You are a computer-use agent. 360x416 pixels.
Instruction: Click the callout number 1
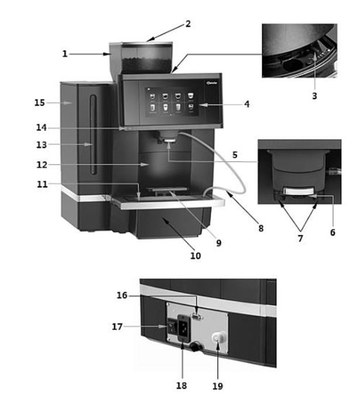click(65, 54)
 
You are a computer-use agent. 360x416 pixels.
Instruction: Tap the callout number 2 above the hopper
click(188, 24)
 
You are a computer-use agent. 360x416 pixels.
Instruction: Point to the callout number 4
click(246, 104)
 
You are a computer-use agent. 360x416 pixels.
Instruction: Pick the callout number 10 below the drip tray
click(195, 256)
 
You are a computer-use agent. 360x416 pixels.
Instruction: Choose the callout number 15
click(39, 102)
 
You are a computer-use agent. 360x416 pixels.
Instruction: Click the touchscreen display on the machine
click(172, 101)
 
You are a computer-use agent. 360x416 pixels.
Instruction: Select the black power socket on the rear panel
click(182, 327)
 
